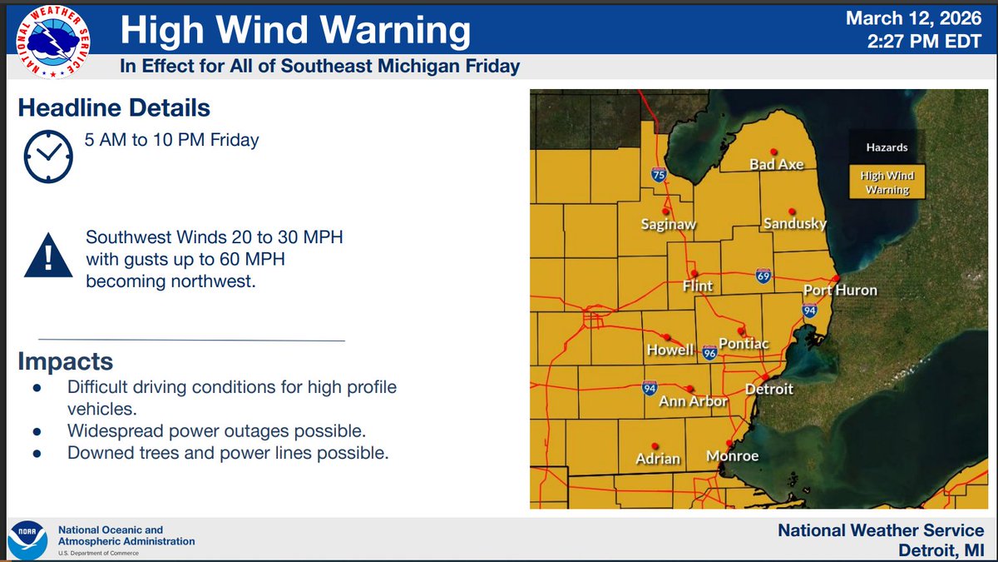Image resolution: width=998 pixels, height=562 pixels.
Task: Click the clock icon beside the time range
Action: tap(48, 156)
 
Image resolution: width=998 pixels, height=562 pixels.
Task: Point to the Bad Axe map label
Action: tap(777, 165)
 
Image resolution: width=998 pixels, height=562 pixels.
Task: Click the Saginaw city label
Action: tap(669, 224)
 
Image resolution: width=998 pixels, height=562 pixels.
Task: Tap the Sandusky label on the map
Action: tap(795, 224)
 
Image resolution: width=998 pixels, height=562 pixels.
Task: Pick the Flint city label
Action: tap(698, 286)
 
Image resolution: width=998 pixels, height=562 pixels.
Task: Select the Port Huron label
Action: tap(840, 291)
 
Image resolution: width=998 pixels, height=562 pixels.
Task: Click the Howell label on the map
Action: tap(670, 351)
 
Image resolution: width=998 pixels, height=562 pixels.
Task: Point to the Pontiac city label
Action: tap(744, 344)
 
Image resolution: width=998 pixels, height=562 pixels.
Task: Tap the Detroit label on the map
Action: tap(768, 389)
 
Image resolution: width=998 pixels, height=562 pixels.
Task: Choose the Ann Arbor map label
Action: tap(693, 401)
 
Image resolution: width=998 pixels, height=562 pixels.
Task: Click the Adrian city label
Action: tap(658, 459)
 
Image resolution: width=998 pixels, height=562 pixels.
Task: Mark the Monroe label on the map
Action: tap(732, 456)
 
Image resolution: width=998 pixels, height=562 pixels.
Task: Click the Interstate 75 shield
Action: tap(659, 175)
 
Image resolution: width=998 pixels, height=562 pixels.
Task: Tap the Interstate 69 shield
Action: tap(763, 275)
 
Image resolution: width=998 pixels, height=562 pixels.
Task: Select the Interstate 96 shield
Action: tap(709, 352)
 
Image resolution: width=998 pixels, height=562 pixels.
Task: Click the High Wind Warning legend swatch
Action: tap(884, 182)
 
